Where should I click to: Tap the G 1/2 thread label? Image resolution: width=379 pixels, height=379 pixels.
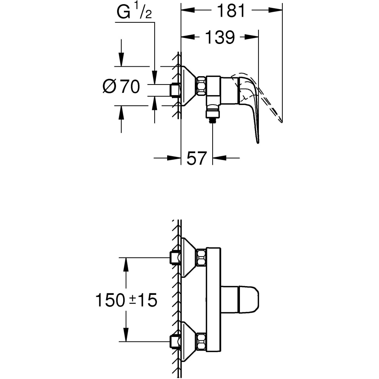(134, 13)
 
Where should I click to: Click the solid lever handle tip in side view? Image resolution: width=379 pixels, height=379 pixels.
(258, 141)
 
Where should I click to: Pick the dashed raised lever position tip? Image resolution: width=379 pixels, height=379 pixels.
(280, 121)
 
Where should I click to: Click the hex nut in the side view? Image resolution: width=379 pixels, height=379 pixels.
(201, 86)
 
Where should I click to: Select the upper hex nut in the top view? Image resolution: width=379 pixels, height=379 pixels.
(201, 257)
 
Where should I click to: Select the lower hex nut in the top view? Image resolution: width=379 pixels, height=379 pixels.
(201, 342)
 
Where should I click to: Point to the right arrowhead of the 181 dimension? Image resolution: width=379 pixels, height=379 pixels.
(279, 11)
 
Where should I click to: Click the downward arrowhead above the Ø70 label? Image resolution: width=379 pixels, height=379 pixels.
(121, 61)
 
